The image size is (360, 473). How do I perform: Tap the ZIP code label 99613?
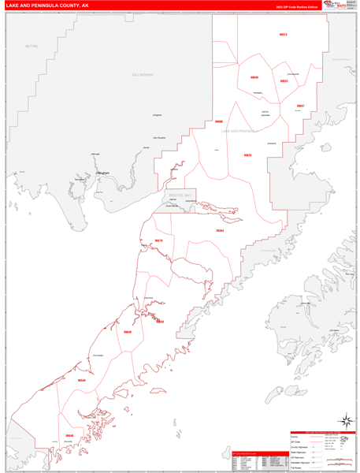(283, 35)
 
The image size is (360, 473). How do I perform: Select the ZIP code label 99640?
(254, 77)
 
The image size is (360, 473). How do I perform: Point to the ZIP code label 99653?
(284, 81)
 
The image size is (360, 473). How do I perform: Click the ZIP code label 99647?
(300, 106)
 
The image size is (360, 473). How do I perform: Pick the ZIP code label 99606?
(219, 122)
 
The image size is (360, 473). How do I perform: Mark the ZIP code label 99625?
(247, 155)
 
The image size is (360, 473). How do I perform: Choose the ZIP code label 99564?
(220, 230)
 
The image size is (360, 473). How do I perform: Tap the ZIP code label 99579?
(158, 240)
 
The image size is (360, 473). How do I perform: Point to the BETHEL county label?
(32, 47)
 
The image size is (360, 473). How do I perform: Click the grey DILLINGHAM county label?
(143, 74)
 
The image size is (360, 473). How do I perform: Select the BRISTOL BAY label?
(180, 194)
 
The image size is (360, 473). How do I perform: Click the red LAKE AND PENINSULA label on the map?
(239, 131)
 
